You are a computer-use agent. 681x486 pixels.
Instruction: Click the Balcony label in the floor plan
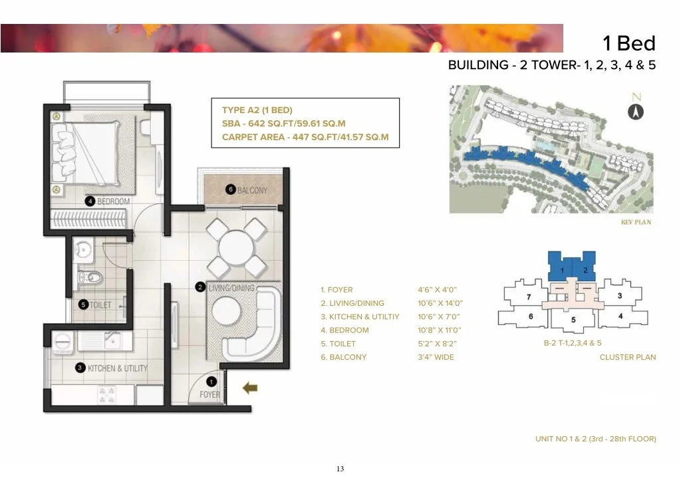click(x=252, y=190)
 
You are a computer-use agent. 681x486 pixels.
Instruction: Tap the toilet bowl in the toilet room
click(x=90, y=277)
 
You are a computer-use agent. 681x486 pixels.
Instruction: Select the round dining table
click(x=236, y=248)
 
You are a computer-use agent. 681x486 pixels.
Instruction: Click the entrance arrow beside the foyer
click(x=250, y=388)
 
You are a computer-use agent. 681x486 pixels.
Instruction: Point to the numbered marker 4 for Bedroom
click(x=90, y=201)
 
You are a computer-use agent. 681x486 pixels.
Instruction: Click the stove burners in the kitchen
click(x=107, y=395)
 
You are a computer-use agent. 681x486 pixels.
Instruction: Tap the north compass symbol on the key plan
click(x=636, y=112)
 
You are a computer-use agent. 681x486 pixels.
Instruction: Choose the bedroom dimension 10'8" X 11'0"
click(x=439, y=330)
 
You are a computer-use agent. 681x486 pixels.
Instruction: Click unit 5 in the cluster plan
click(x=573, y=320)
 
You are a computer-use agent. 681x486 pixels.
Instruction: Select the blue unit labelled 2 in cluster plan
click(x=585, y=267)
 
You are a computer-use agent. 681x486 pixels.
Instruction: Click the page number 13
click(x=340, y=469)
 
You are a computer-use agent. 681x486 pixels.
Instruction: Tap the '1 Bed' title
click(x=629, y=43)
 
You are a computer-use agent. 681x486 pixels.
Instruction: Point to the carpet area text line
click(x=305, y=137)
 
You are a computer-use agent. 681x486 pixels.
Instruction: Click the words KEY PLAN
click(x=636, y=222)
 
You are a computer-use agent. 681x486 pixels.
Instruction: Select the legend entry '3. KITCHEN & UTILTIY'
click(x=360, y=316)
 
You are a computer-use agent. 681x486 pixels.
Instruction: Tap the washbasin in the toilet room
click(x=82, y=251)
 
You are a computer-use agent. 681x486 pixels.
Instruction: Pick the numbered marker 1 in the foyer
click(x=211, y=382)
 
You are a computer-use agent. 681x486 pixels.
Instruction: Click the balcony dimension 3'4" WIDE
click(x=436, y=357)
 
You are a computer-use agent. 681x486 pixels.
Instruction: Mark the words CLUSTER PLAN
click(x=628, y=357)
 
